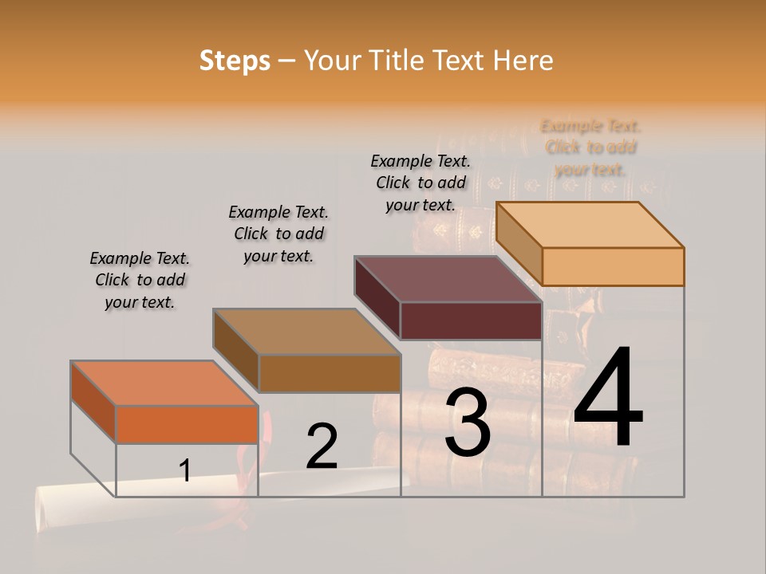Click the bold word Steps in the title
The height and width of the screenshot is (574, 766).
click(235, 61)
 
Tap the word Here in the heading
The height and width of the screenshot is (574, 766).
click(523, 61)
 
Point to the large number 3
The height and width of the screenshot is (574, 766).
click(468, 423)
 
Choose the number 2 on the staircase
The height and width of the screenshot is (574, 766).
click(322, 446)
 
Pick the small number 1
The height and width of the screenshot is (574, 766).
click(185, 470)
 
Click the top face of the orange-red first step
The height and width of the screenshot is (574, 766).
click(164, 383)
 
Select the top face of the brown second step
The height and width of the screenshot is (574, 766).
click(306, 332)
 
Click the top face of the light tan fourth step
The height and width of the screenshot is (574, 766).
click(590, 225)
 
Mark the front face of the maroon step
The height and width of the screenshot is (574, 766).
click(471, 321)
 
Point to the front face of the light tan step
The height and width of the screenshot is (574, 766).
click(613, 266)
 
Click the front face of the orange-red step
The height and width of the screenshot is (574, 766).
click(187, 424)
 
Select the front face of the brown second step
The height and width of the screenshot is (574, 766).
click(329, 373)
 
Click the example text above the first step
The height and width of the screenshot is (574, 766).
click(140, 280)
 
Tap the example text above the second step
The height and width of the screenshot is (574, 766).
click(278, 234)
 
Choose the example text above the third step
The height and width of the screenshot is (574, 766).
click(421, 183)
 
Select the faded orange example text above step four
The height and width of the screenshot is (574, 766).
click(590, 147)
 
